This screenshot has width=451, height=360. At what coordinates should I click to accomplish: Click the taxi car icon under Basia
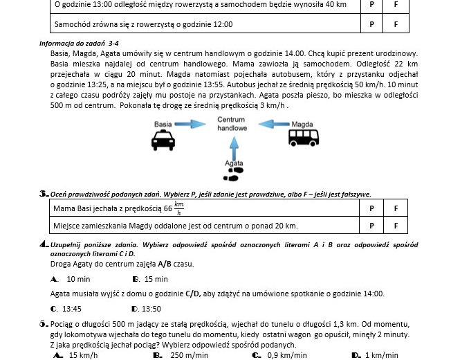point(163,142)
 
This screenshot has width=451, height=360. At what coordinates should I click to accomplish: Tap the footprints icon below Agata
point(234,174)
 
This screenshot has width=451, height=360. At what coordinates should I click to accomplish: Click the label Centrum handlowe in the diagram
point(232,124)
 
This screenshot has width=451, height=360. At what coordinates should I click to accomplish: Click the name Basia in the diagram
point(163,125)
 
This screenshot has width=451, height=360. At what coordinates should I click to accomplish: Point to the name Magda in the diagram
point(302,125)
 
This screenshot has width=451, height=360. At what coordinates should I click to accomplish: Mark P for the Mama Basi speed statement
point(371,208)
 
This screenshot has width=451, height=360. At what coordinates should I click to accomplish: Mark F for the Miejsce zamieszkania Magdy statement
point(396,226)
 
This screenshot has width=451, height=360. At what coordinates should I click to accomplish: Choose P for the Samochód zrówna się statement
point(371,24)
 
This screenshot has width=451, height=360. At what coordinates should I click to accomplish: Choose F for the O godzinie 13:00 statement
point(396,4)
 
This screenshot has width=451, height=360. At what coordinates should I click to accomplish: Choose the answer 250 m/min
point(189,355)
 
